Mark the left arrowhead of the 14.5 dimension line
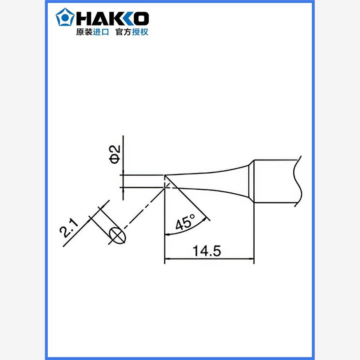pos(167,259)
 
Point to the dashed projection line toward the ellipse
pos(142,212)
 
